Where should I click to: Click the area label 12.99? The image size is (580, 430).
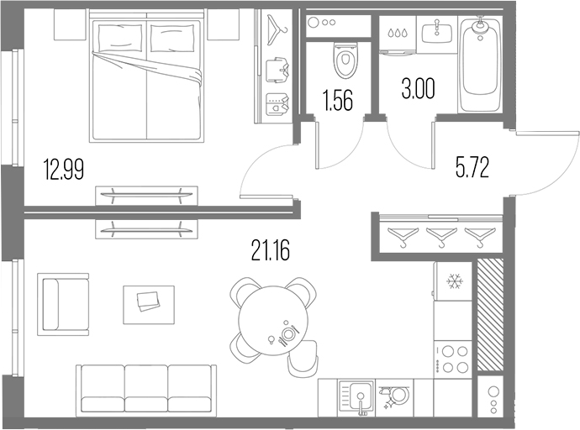[x=64, y=172]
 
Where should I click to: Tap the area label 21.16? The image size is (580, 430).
[x=270, y=249]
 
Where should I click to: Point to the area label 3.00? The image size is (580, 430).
[x=418, y=91]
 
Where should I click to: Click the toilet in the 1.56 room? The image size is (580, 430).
[x=344, y=59]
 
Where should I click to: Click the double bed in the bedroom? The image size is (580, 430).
[x=148, y=81]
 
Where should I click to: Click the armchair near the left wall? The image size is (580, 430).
[x=63, y=302]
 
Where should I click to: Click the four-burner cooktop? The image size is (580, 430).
[x=454, y=359]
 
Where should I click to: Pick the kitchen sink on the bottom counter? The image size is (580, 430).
[x=356, y=396]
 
